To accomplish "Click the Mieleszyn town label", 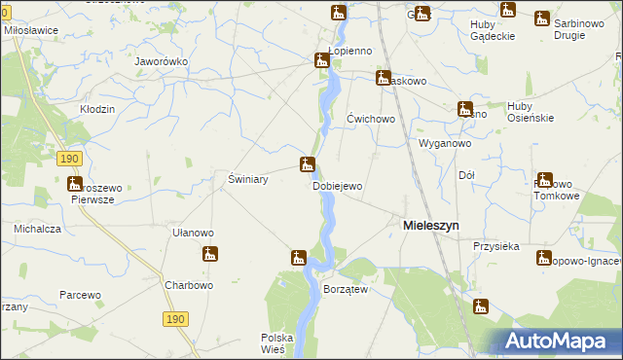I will (430, 225).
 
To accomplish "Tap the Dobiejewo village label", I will (337, 186).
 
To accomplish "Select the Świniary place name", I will (247, 180).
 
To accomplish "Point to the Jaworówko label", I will (161, 60).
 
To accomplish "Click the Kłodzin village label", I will (97, 108).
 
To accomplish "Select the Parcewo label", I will (80, 294).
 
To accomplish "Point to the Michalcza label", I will (38, 229).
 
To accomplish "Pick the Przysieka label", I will (496, 246).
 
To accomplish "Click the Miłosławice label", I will (31, 30).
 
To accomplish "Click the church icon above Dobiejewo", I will (307, 164).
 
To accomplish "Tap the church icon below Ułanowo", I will (209, 255).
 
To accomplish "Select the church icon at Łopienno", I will (322, 61).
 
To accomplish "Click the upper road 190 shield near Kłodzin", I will (68, 158).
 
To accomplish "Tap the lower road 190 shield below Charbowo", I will (174, 318).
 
